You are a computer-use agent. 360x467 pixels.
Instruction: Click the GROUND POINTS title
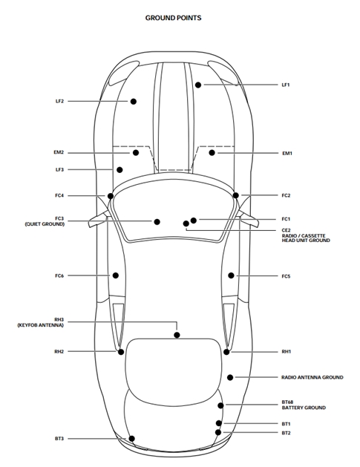tap(173, 18)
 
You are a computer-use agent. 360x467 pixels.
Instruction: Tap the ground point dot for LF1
tap(198, 85)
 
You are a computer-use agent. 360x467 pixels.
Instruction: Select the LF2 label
tap(59, 101)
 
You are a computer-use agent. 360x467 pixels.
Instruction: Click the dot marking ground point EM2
tap(136, 152)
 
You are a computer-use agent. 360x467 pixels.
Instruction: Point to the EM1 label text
tap(287, 154)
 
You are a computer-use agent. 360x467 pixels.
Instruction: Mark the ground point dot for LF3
tap(120, 170)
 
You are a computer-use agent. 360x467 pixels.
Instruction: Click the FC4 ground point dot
tap(111, 196)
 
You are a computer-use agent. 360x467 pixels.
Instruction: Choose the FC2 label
tap(286, 195)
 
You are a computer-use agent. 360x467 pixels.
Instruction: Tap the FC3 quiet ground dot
tap(157, 221)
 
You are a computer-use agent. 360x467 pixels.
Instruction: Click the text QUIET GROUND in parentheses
tap(45, 224)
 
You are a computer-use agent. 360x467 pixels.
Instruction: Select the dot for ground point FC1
tap(194, 221)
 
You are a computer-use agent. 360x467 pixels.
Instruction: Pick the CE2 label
tap(287, 230)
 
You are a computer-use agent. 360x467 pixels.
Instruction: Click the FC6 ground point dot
tap(116, 275)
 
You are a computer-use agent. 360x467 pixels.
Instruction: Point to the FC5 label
tap(286, 276)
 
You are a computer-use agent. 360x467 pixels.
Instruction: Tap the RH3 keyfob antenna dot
tap(177, 335)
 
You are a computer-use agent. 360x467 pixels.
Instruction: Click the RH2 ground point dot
tap(121, 352)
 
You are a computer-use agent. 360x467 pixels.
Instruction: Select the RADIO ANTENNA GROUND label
tap(312, 377)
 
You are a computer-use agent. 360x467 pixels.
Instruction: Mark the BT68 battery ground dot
tap(220, 405)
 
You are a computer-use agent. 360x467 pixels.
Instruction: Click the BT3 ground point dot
tap(131, 438)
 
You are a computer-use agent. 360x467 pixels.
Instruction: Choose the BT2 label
tap(286, 433)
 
